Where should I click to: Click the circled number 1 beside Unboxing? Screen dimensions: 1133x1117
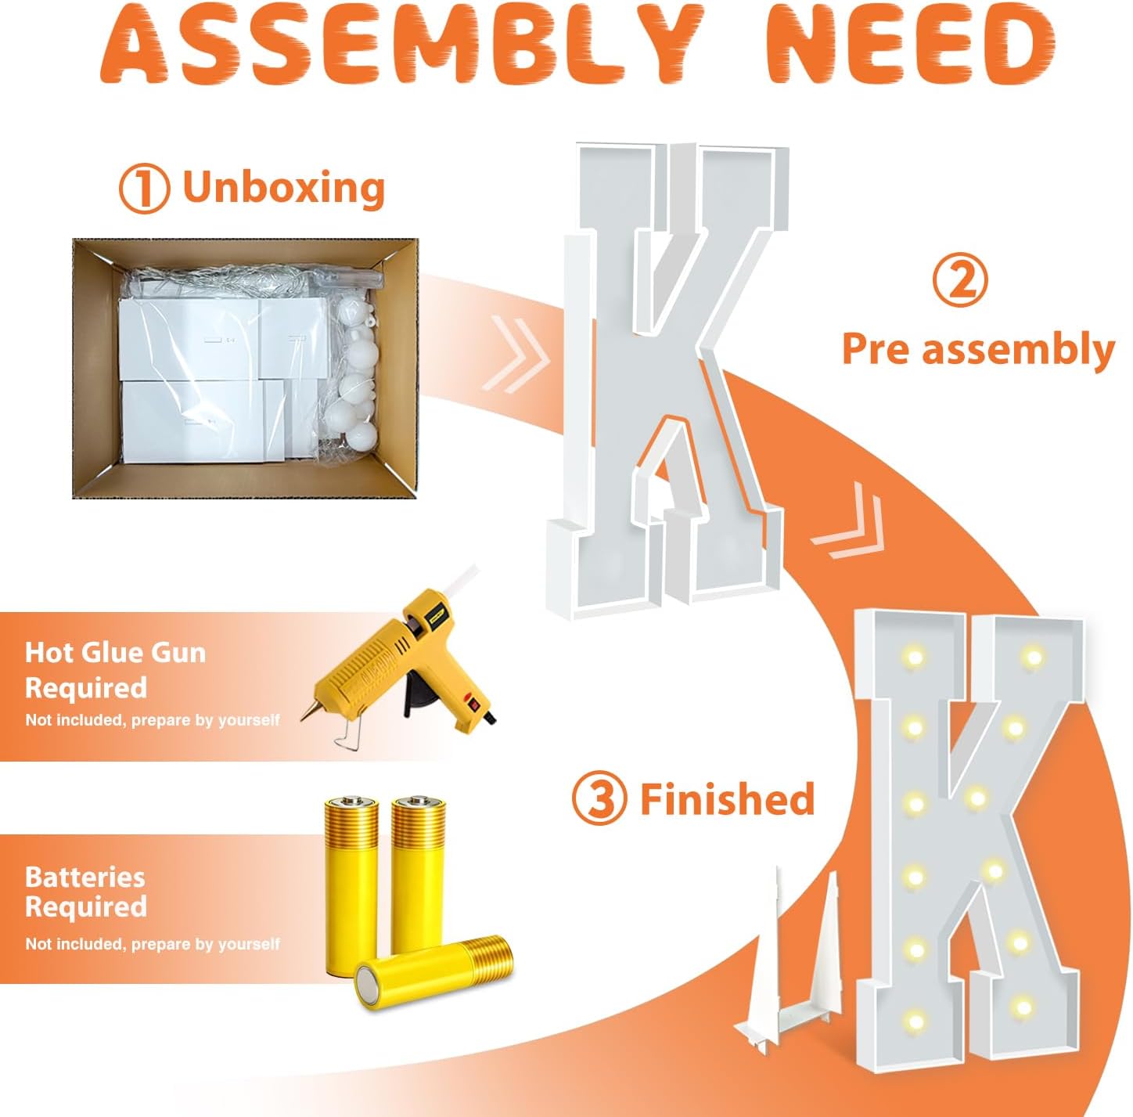[x=144, y=188]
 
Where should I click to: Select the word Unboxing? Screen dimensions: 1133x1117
[x=284, y=187]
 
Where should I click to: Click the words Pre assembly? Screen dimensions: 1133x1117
[x=978, y=350]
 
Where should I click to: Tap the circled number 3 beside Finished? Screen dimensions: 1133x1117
[x=599, y=799]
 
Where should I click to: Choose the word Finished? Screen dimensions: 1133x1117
[x=728, y=798]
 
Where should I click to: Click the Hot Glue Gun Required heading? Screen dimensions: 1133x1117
[x=115, y=670]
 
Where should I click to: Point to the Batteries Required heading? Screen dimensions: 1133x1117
[x=85, y=892]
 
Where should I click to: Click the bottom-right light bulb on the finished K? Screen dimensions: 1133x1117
[x=1023, y=1007]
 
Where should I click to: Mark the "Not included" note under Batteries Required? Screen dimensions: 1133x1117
[x=153, y=944]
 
